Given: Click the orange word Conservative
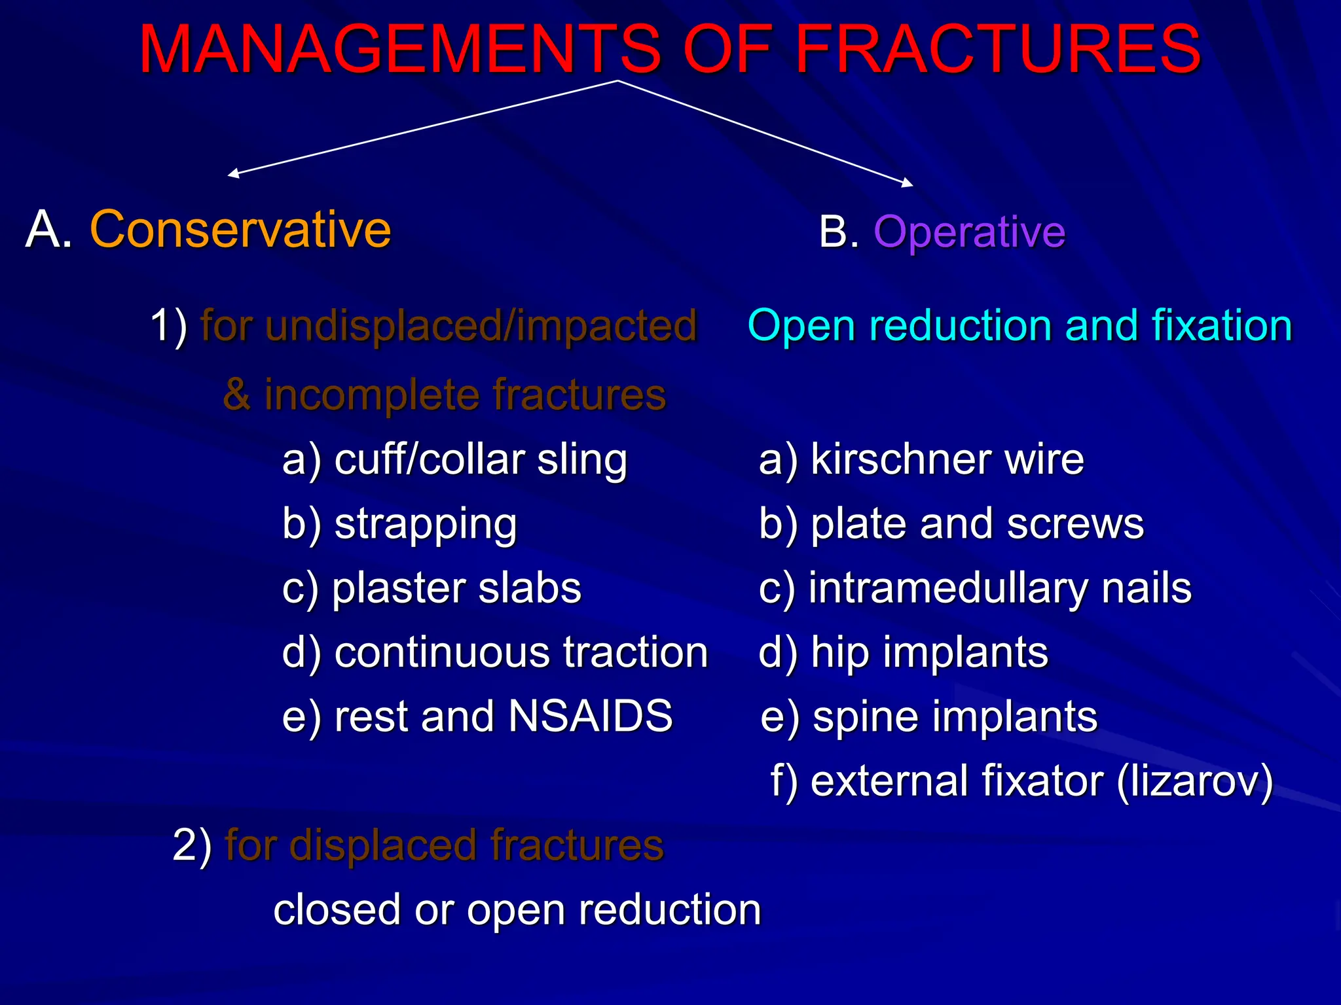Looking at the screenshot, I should [x=240, y=230].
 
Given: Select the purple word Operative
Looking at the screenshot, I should [x=969, y=232].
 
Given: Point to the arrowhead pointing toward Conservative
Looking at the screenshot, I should [x=232, y=174].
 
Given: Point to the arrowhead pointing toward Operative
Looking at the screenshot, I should [x=908, y=184].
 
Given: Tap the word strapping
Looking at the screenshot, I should [x=426, y=524].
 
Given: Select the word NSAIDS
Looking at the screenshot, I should [x=590, y=715].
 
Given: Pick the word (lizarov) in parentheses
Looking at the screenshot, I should [x=1195, y=781].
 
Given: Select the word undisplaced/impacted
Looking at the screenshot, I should [x=481, y=325].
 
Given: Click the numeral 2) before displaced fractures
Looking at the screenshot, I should [x=192, y=845].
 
